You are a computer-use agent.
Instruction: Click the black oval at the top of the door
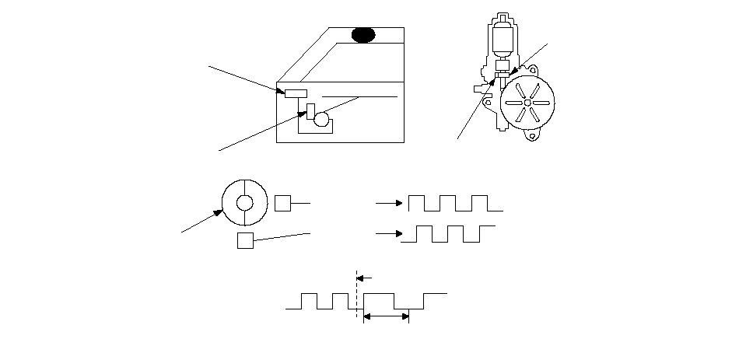[x=363, y=34]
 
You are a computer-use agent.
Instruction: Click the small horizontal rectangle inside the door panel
[x=296, y=94]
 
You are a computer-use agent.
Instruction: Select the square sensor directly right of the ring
[x=282, y=204]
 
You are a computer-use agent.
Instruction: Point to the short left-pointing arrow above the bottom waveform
[x=366, y=276]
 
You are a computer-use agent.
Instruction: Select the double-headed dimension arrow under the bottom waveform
[x=387, y=316]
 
